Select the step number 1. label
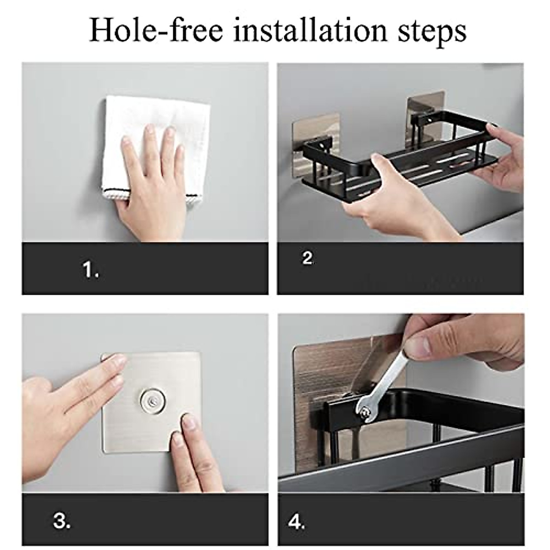point(91,269)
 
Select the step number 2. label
point(308,258)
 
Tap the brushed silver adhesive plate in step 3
point(152,402)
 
